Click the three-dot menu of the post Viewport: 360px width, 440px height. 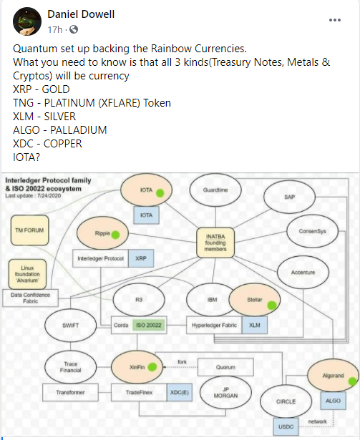point(335,20)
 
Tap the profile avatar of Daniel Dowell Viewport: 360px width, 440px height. point(27,21)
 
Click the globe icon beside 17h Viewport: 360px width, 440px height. point(74,29)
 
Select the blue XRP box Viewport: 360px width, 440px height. point(141,258)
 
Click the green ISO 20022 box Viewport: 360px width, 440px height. point(149,325)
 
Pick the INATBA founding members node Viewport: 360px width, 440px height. point(215,243)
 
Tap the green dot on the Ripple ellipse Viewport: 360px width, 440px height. point(115,235)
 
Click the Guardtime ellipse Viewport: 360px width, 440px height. point(215,190)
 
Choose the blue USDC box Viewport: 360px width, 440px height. point(286,426)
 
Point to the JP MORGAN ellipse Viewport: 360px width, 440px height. point(225,392)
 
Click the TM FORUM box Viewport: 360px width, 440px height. point(29,230)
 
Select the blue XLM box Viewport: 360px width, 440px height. point(254,325)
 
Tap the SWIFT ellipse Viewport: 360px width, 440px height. point(70,326)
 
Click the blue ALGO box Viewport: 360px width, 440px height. point(333,401)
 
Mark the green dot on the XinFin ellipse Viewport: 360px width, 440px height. point(152,367)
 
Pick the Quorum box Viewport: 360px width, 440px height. point(225,367)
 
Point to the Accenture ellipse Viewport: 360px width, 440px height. point(303,272)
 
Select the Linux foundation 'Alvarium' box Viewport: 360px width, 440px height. point(27,274)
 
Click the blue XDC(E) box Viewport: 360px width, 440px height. point(180,392)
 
